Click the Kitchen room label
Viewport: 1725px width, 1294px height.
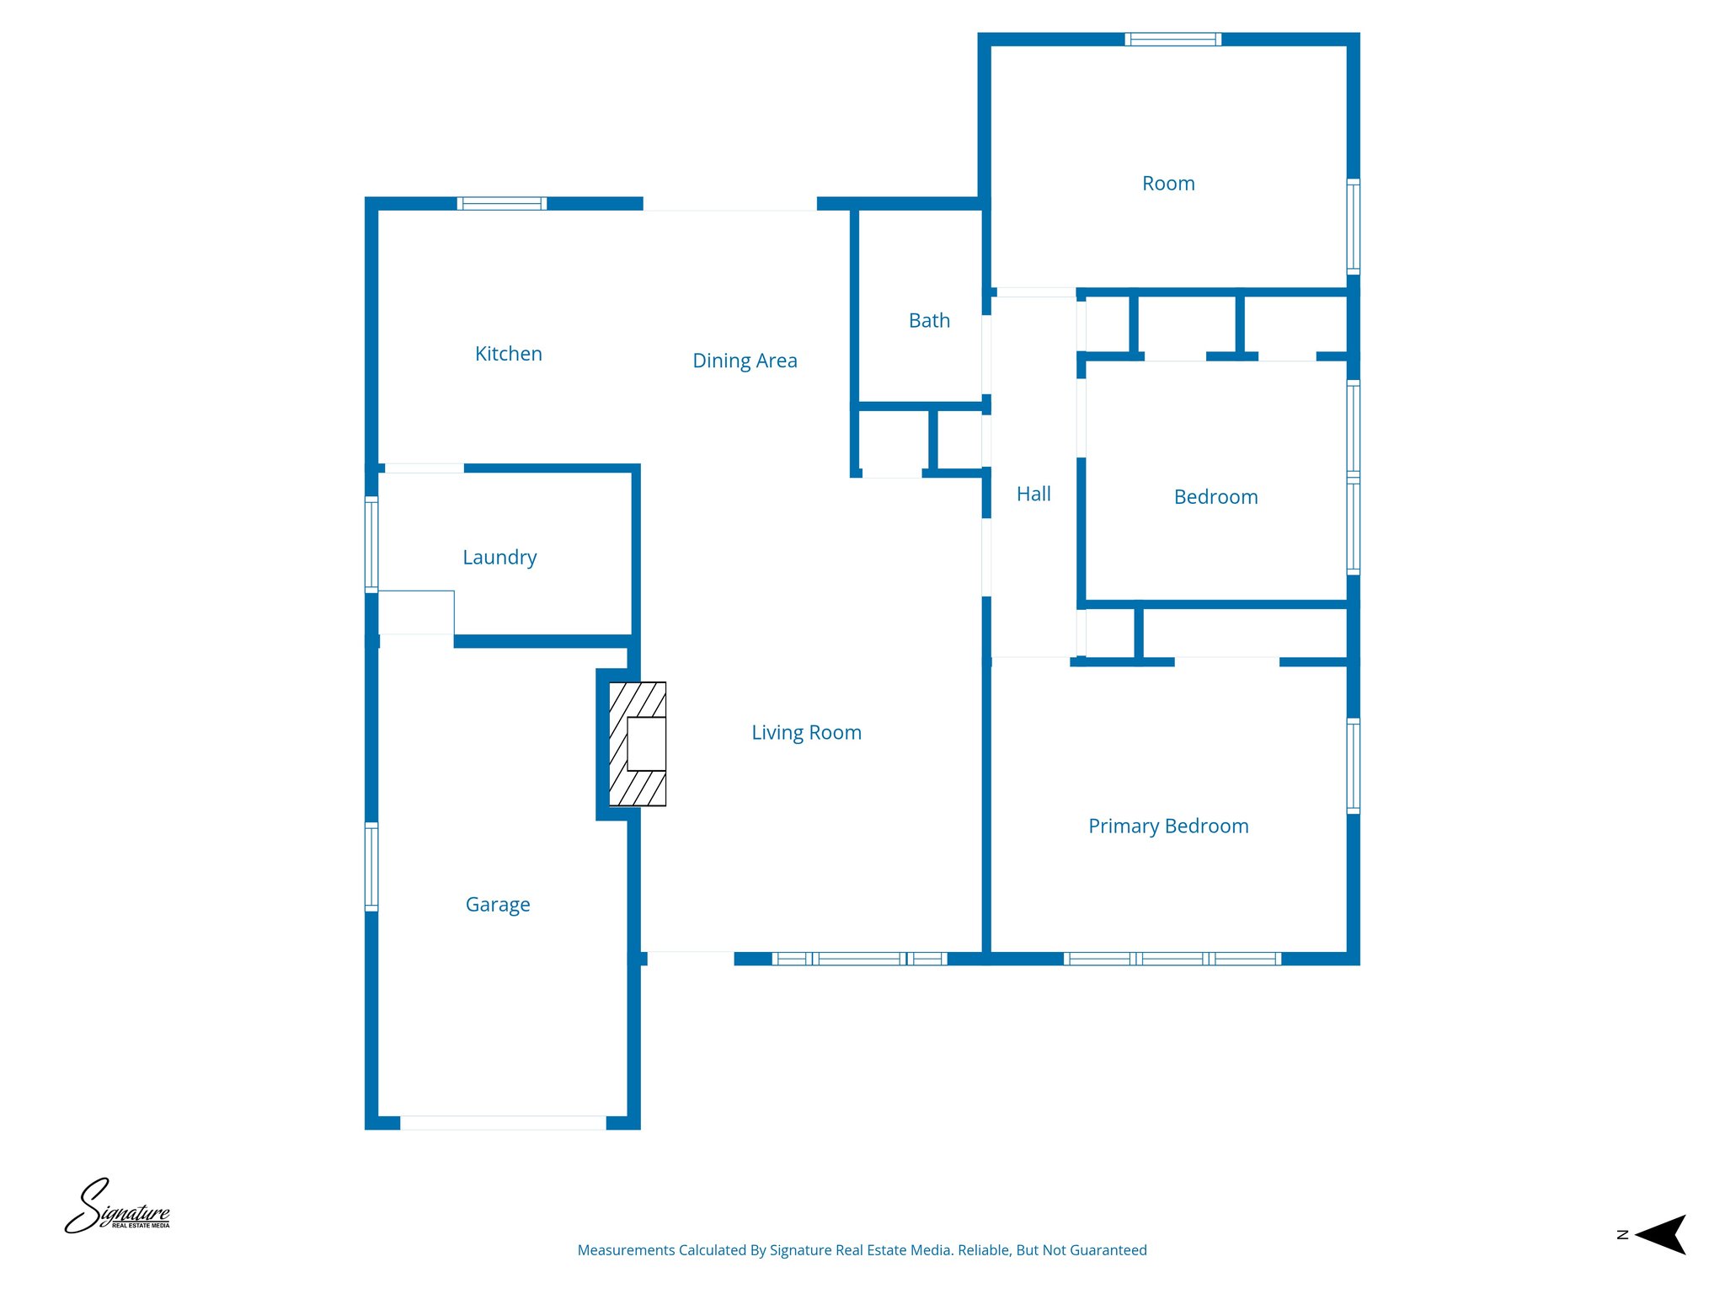[x=508, y=354]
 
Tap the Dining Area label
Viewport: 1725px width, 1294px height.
[x=745, y=361]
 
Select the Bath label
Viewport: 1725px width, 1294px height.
[x=929, y=321]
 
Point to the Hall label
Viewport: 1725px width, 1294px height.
[x=1033, y=494]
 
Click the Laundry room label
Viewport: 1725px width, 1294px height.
[x=499, y=558]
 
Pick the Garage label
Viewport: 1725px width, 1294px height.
[x=498, y=905]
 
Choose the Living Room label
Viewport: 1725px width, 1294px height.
[x=806, y=733]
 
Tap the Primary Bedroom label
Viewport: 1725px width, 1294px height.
[x=1168, y=826]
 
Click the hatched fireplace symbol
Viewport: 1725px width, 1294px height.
[x=638, y=744]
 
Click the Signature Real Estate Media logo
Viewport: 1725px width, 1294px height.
[x=117, y=1207]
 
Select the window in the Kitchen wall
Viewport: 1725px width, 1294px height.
[x=502, y=203]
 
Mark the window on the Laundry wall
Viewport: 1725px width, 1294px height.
[x=371, y=544]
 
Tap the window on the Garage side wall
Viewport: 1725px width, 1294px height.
[x=371, y=866]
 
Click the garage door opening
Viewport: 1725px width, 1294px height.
[x=503, y=1122]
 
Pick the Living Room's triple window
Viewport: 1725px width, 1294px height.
[x=859, y=959]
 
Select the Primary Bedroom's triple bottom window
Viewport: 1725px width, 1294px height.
[x=1172, y=959]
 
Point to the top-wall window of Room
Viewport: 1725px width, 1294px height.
[x=1173, y=39]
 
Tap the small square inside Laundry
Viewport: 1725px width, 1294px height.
[x=416, y=612]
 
